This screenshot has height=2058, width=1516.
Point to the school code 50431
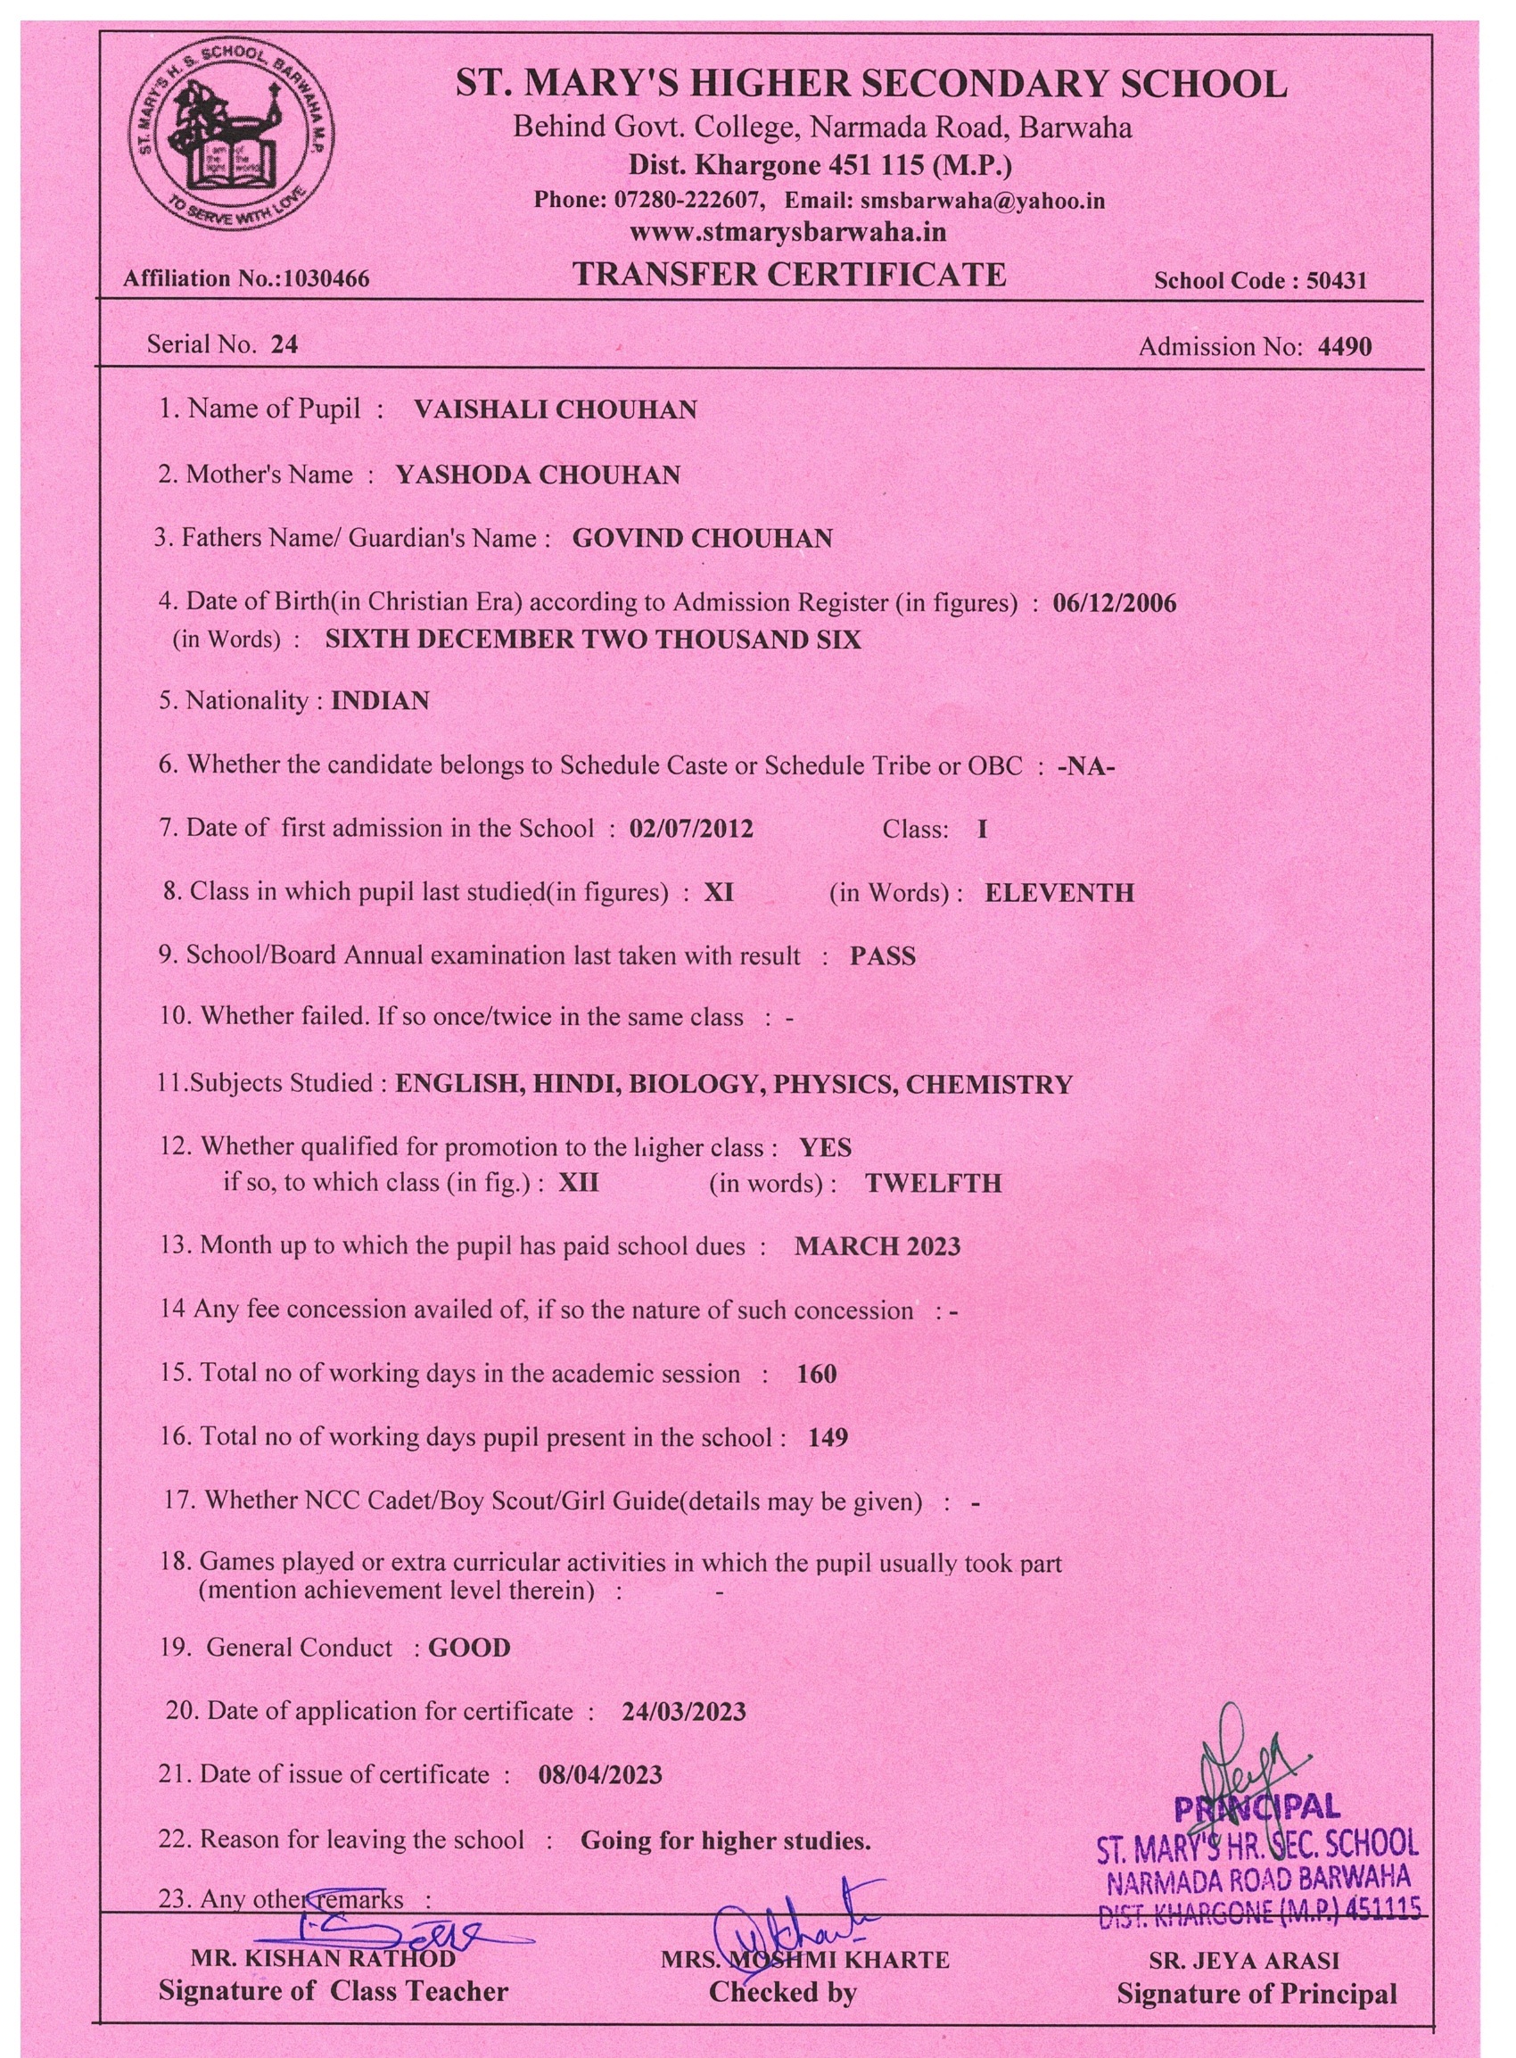[1336, 281]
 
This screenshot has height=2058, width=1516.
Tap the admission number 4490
[1345, 347]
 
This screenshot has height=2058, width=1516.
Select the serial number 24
[284, 345]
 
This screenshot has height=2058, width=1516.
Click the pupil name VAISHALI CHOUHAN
[556, 409]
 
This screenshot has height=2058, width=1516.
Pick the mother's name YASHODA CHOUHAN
[538, 475]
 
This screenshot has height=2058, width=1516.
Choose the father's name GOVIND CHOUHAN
[702, 538]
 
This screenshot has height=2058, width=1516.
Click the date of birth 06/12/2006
[1114, 603]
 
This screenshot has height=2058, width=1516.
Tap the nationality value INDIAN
[380, 701]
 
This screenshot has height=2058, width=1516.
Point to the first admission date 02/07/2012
[691, 829]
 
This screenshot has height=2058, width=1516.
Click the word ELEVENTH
[1059, 893]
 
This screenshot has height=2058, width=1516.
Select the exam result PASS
[882, 956]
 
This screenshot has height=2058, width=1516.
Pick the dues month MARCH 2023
[877, 1246]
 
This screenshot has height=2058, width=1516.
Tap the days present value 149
[827, 1437]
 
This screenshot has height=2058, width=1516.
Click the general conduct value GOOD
[469, 1648]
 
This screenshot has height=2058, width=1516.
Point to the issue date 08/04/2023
[600, 1774]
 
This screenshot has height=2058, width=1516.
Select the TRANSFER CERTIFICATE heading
[789, 275]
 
